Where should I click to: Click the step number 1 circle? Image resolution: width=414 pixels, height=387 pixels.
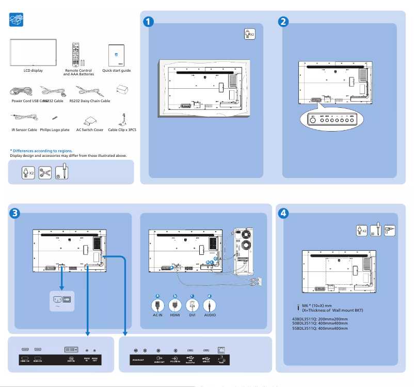[148, 22]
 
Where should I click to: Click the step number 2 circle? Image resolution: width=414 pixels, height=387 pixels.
[283, 22]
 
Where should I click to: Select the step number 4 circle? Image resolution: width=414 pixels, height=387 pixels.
[283, 212]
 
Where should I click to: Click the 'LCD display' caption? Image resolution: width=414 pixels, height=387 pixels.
[33, 70]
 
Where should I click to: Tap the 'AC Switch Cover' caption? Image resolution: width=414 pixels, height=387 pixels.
[90, 130]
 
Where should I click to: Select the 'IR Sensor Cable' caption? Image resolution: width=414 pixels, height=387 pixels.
[24, 130]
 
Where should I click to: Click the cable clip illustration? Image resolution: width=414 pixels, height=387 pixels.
[122, 120]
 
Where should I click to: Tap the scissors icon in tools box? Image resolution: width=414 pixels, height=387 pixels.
[45, 172]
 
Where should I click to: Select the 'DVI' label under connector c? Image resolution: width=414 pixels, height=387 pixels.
[192, 314]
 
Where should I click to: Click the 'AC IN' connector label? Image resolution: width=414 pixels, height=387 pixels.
[157, 314]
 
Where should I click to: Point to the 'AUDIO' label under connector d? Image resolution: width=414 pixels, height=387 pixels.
[210, 314]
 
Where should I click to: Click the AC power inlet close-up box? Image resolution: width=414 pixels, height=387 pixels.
[62, 300]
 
